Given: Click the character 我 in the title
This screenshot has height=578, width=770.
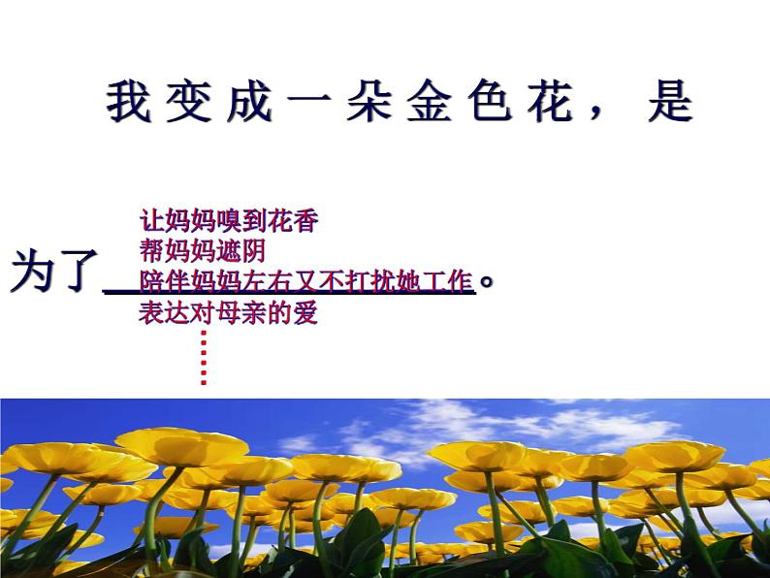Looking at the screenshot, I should click(x=128, y=102).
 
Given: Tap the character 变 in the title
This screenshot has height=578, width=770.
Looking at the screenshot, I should click(x=188, y=102).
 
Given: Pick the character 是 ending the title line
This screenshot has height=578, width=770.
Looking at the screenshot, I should click(x=670, y=102).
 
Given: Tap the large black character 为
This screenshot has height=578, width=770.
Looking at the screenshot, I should click(x=32, y=272).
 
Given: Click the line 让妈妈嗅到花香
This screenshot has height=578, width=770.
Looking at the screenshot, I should click(x=229, y=221).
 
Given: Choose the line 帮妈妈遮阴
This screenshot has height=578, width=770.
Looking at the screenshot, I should click(x=203, y=252).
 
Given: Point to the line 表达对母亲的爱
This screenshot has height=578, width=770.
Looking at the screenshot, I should click(x=229, y=313).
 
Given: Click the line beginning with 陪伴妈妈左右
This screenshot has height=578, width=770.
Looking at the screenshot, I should click(x=305, y=282).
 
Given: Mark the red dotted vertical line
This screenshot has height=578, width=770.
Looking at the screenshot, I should click(x=204, y=357).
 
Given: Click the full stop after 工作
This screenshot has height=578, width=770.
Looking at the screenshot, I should click(x=488, y=282).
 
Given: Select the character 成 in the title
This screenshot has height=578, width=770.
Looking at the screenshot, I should click(x=248, y=102).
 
